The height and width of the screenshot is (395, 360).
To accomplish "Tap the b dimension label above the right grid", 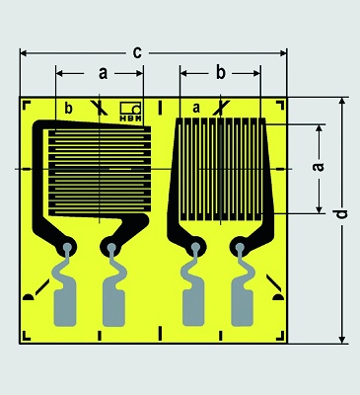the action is pos(220,72).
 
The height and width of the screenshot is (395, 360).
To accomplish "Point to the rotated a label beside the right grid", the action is pos(318,168).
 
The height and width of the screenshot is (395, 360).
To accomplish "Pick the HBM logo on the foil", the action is pos(130,111).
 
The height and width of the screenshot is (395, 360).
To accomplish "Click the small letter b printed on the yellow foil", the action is pos(68,108).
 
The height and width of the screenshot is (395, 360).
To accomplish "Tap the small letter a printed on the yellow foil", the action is pos(196,107).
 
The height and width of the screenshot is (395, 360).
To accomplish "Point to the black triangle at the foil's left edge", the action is pos(28,296).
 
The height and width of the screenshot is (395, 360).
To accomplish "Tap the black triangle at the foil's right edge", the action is pos(279,296).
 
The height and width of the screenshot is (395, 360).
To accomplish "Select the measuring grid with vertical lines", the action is pos(223,167).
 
